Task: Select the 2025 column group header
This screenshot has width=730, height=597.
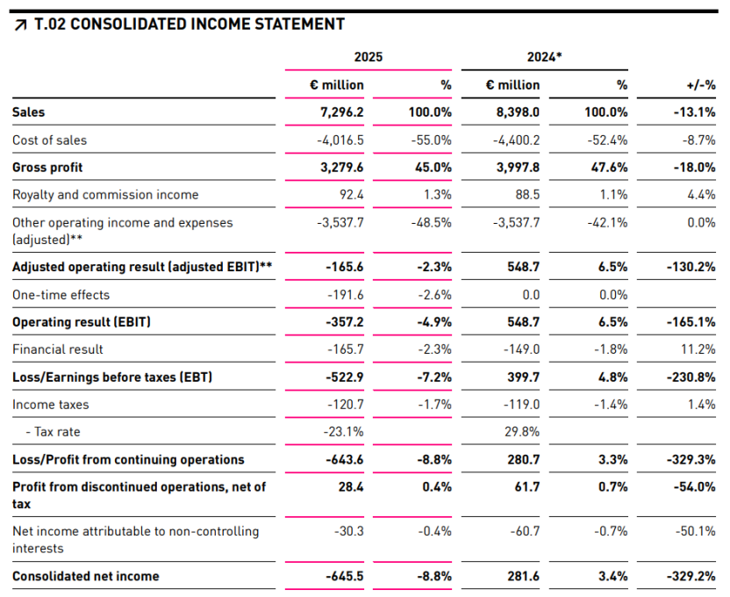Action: coord(369,57)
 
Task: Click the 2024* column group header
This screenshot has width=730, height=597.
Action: coord(544,57)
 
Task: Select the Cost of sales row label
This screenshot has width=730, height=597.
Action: coord(50,140)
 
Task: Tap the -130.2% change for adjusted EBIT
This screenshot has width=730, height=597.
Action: coord(692,267)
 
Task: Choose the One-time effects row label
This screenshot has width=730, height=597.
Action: coord(61,295)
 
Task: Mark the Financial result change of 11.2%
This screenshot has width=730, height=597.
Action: coord(698,349)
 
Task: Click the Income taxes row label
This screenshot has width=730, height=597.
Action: coord(50,405)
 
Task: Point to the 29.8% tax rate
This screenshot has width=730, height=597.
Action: coord(523,432)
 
